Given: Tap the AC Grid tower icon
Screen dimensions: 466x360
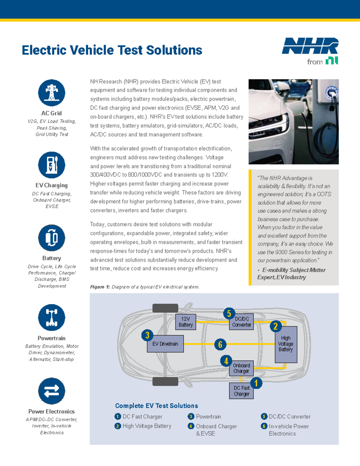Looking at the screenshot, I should click(x=52, y=93).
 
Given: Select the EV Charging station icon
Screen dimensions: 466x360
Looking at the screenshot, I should click(x=52, y=165).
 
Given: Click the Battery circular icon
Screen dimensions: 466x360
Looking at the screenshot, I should click(x=52, y=238).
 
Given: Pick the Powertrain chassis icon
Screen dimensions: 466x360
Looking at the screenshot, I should click(x=52, y=317).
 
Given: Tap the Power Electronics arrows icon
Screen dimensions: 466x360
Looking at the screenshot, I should click(x=52, y=391).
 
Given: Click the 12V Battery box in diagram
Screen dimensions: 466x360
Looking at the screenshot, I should click(x=186, y=322).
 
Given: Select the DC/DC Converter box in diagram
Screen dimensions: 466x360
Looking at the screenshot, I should click(x=241, y=322).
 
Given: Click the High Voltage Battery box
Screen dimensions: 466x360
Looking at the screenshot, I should click(x=286, y=344).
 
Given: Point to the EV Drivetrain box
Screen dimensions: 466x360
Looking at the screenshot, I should click(x=165, y=344).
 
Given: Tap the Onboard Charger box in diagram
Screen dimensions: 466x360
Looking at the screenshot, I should click(x=241, y=368).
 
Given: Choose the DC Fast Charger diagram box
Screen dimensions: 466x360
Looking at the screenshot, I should click(x=241, y=391).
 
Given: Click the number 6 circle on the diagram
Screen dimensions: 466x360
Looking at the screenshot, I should click(x=220, y=344).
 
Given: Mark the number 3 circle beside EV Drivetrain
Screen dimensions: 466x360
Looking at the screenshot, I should click(x=147, y=335).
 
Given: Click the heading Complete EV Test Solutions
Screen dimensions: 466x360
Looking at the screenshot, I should click(x=157, y=406).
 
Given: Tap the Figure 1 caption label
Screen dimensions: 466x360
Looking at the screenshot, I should click(x=100, y=287).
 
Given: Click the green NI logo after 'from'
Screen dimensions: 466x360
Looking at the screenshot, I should click(x=332, y=61).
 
